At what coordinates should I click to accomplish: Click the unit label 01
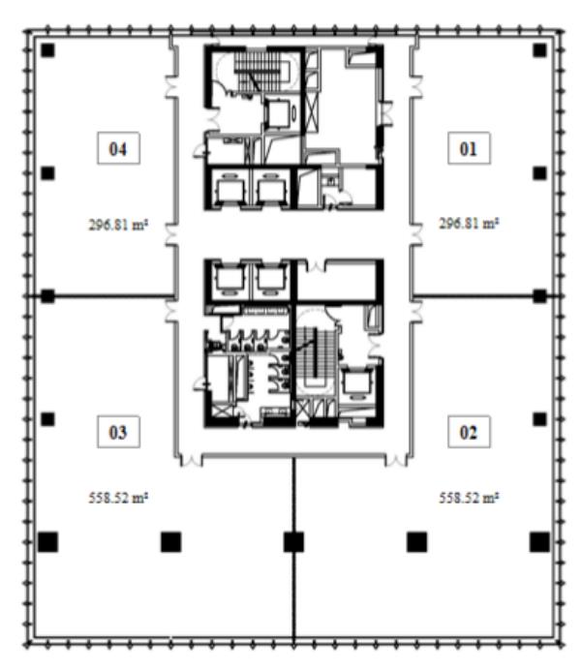(469, 148)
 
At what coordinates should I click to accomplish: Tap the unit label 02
(469, 432)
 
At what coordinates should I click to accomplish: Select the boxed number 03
(118, 432)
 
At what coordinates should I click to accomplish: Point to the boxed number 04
(118, 148)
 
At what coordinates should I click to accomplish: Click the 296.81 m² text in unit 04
(118, 225)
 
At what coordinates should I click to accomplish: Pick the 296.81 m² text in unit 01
(469, 223)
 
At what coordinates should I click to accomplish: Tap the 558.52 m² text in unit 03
(118, 498)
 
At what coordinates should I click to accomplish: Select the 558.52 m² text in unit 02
(469, 498)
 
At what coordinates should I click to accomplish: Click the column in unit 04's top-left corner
(47, 50)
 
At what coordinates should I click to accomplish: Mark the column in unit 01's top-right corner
(540, 50)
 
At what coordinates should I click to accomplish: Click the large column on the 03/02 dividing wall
(294, 542)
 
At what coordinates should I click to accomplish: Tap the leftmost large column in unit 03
(47, 542)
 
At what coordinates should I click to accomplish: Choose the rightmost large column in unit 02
(540, 542)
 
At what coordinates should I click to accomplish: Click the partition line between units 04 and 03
(104, 295)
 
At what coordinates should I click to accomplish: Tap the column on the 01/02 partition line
(540, 295)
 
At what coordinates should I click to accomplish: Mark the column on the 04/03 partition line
(47, 295)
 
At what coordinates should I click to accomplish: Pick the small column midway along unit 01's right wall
(540, 173)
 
